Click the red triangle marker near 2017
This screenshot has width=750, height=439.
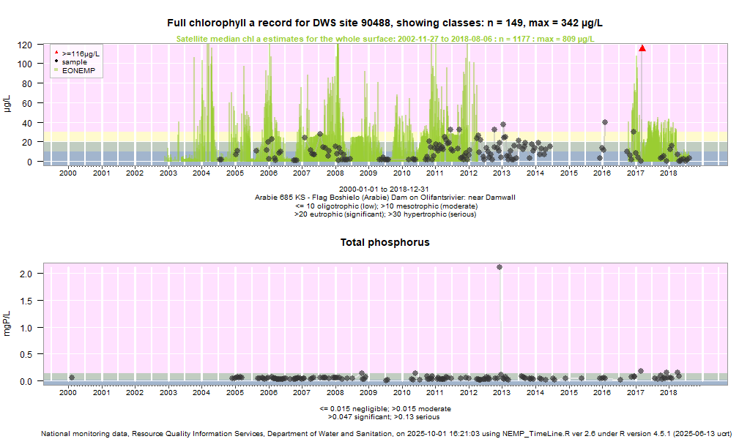click(x=642, y=48)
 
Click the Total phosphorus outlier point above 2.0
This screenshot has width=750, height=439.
click(x=500, y=267)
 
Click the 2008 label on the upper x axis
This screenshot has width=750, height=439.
click(x=335, y=173)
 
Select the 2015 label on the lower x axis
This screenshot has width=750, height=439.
click(x=568, y=393)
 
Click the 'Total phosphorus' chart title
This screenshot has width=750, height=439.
click(x=385, y=242)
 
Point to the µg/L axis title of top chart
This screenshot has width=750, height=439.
click(x=8, y=103)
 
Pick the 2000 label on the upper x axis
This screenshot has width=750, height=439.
click(x=68, y=173)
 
